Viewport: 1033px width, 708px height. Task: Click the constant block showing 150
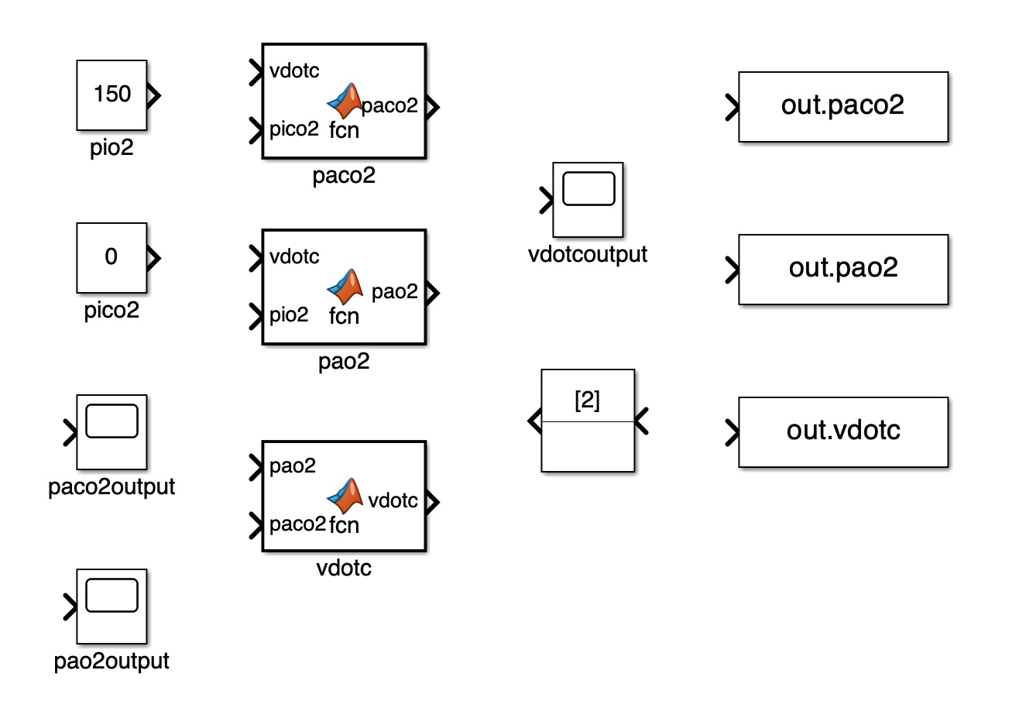point(112,95)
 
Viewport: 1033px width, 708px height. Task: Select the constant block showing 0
point(112,257)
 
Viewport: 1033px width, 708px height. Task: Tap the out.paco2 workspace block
point(843,106)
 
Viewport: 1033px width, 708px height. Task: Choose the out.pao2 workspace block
point(843,269)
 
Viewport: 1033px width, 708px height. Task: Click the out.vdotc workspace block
point(843,431)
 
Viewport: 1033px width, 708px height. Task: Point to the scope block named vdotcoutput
point(587,199)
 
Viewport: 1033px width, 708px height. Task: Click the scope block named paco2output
point(112,431)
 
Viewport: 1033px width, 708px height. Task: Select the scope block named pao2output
point(112,606)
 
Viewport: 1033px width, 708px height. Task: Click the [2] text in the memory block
point(587,400)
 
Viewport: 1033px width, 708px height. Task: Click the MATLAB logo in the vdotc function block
point(345,496)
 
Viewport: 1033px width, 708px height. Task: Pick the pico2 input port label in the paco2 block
point(293,129)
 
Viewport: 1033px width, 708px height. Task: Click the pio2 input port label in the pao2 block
point(289,314)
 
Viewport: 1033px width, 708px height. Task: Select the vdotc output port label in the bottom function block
point(393,500)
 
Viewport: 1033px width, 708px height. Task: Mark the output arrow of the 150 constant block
point(154,95)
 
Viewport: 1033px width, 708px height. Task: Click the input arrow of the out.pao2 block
point(732,270)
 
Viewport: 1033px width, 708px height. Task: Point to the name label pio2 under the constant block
point(112,147)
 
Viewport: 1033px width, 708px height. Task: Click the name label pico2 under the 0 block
point(112,311)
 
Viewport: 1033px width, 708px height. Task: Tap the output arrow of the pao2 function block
point(433,292)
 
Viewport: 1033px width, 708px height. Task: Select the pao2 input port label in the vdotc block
point(293,466)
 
